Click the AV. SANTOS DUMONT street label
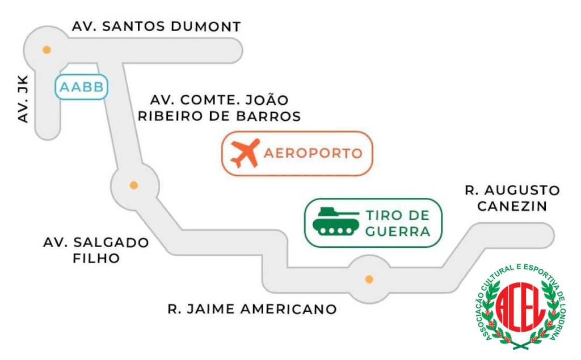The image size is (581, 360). [x=157, y=27]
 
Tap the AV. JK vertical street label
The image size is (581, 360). [x=23, y=100]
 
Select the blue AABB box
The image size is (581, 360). [x=81, y=87]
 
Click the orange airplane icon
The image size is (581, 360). [x=245, y=153]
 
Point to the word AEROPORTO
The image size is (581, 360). [x=313, y=153]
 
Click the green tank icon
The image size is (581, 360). [x=336, y=222]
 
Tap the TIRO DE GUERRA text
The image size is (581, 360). [x=398, y=223]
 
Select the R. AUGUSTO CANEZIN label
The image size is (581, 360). [x=512, y=198]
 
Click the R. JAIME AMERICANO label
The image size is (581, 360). [x=252, y=309]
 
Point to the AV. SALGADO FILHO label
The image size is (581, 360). [x=96, y=250]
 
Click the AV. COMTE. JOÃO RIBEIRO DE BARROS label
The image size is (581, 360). [x=225, y=108]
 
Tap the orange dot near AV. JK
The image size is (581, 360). [x=47, y=49]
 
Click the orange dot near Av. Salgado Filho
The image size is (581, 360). [x=134, y=185]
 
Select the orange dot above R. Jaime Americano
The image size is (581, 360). [x=369, y=279]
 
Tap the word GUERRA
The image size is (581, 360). [x=398, y=231]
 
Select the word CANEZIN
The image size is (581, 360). [x=512, y=206]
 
